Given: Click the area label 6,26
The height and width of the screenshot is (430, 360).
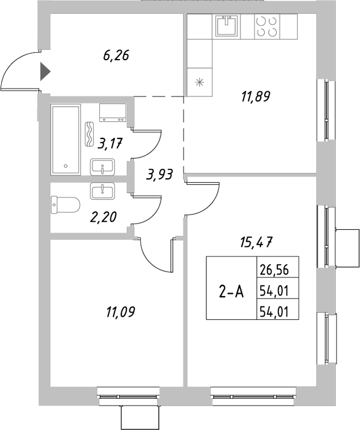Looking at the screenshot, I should pos(117,56).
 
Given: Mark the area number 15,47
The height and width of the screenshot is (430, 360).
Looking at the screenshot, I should pos(255,243).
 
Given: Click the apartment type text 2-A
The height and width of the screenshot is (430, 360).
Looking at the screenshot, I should pos(231,292).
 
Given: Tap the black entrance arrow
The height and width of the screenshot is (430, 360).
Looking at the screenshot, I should pos(45,72).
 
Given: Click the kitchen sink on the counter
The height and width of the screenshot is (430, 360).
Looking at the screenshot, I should pos(228,26).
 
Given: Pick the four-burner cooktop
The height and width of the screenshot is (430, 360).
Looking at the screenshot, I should pos(267,26).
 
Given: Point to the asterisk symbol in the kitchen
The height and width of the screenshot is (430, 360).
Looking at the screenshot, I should pos(199,82).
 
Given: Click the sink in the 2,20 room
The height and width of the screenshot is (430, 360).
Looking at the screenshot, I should pos(103,191).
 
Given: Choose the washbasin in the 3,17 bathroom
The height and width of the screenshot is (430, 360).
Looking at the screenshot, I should pos(103,167).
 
